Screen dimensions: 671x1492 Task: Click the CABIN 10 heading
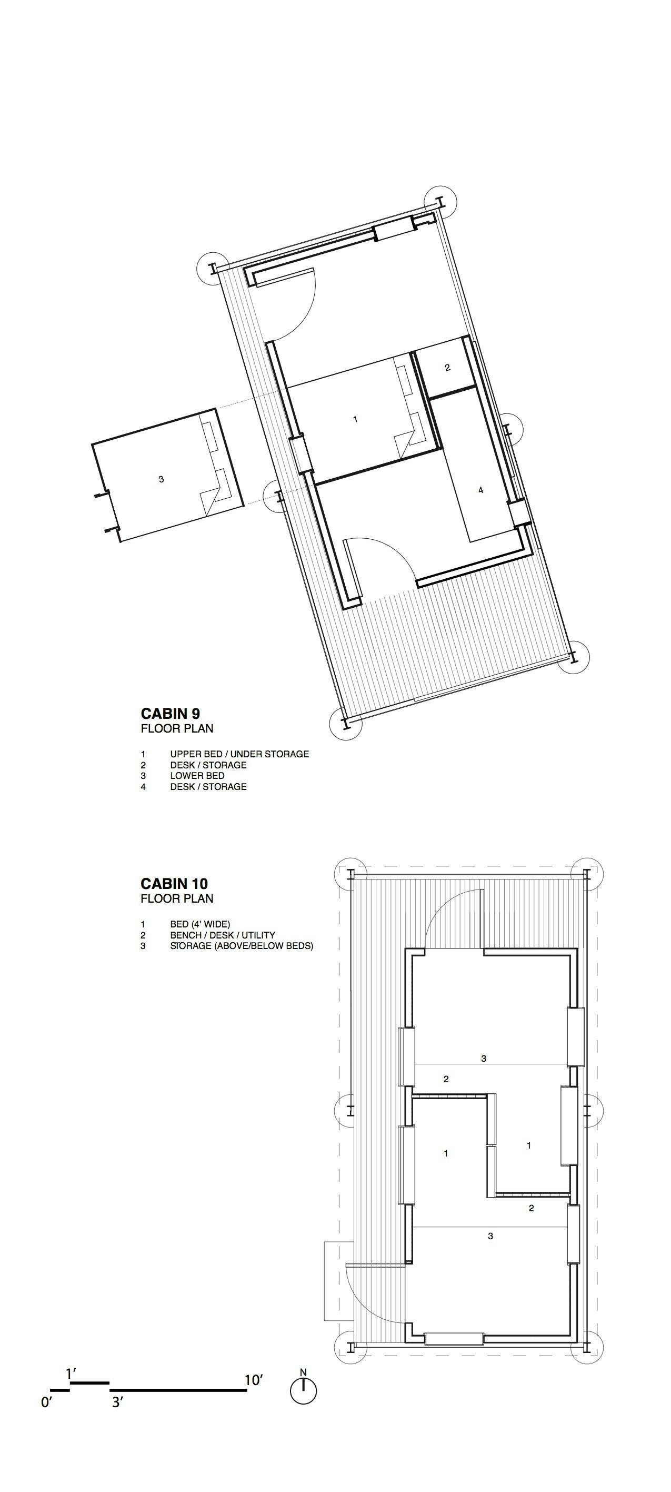(174, 883)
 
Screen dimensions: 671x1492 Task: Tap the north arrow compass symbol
(303, 1389)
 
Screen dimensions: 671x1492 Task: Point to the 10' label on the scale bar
(254, 1380)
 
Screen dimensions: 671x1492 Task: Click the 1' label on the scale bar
(71, 1374)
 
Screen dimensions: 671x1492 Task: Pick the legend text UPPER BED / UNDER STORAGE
(239, 754)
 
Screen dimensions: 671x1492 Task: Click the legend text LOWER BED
(197, 776)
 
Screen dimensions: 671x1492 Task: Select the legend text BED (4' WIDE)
(200, 924)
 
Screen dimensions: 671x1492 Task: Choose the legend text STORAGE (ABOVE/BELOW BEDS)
(242, 946)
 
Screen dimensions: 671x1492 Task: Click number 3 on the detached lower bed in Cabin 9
(161, 479)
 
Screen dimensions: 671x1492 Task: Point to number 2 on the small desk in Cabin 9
(447, 367)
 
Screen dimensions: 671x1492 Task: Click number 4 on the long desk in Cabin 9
(480, 490)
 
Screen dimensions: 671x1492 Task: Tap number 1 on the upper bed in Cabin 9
(355, 419)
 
